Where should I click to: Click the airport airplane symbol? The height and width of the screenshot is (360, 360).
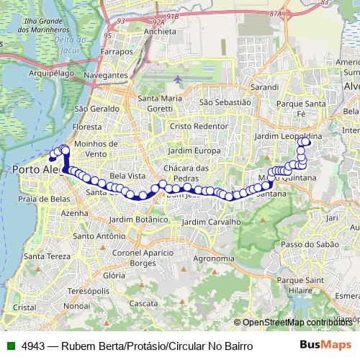tap(177, 78)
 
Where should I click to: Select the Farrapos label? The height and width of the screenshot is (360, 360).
tap(117, 53)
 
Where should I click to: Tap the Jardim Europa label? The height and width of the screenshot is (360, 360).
tap(194, 150)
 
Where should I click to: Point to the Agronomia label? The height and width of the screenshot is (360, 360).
tap(215, 258)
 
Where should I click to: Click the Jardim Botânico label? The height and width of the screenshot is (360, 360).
tap(138, 218)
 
